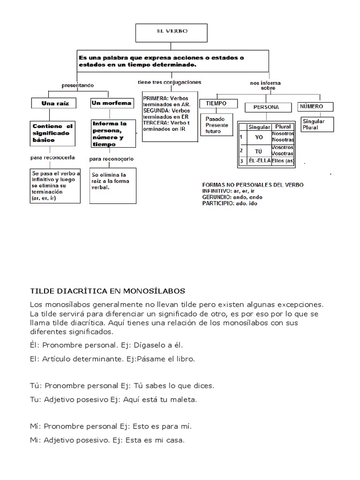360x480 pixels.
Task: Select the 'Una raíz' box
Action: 55,103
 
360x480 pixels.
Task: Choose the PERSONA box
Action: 266,107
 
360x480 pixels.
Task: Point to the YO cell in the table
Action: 259,137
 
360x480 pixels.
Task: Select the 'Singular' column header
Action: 259,127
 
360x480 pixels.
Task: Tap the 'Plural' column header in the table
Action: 283,127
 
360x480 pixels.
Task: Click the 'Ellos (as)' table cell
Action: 283,161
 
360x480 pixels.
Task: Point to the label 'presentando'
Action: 78,85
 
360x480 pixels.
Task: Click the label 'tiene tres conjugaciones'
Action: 169,82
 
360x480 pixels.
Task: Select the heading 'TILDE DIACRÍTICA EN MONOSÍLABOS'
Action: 107,291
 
